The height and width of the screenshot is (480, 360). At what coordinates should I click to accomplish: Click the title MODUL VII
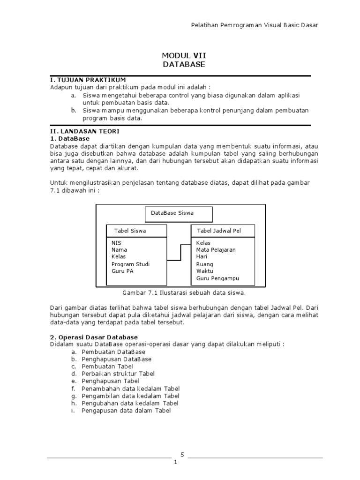184,55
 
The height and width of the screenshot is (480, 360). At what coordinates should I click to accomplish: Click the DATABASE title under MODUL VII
184,64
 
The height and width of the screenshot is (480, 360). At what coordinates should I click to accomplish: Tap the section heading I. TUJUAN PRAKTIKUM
88,80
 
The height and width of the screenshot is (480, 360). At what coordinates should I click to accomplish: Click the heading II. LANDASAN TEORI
85,131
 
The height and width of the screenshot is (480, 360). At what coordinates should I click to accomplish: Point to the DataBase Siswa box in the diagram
178,214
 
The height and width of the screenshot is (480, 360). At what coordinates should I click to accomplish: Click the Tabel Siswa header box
136,231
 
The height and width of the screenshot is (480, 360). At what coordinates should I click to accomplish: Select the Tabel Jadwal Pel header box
223,231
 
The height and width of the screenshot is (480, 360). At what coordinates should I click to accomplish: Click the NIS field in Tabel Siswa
116,243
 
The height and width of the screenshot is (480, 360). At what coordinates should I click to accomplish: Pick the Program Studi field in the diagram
130,264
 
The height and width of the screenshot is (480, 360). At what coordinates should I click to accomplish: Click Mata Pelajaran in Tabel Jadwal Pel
216,250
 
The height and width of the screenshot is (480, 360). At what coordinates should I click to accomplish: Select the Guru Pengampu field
217,278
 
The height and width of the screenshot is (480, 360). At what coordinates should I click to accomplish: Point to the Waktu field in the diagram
205,271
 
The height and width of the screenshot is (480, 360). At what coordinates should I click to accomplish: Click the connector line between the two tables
180,252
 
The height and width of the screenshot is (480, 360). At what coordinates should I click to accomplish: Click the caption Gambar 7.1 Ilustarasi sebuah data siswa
184,292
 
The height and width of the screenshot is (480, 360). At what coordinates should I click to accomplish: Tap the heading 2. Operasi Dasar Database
94,337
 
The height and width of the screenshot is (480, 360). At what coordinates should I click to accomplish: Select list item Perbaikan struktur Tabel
118,374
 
